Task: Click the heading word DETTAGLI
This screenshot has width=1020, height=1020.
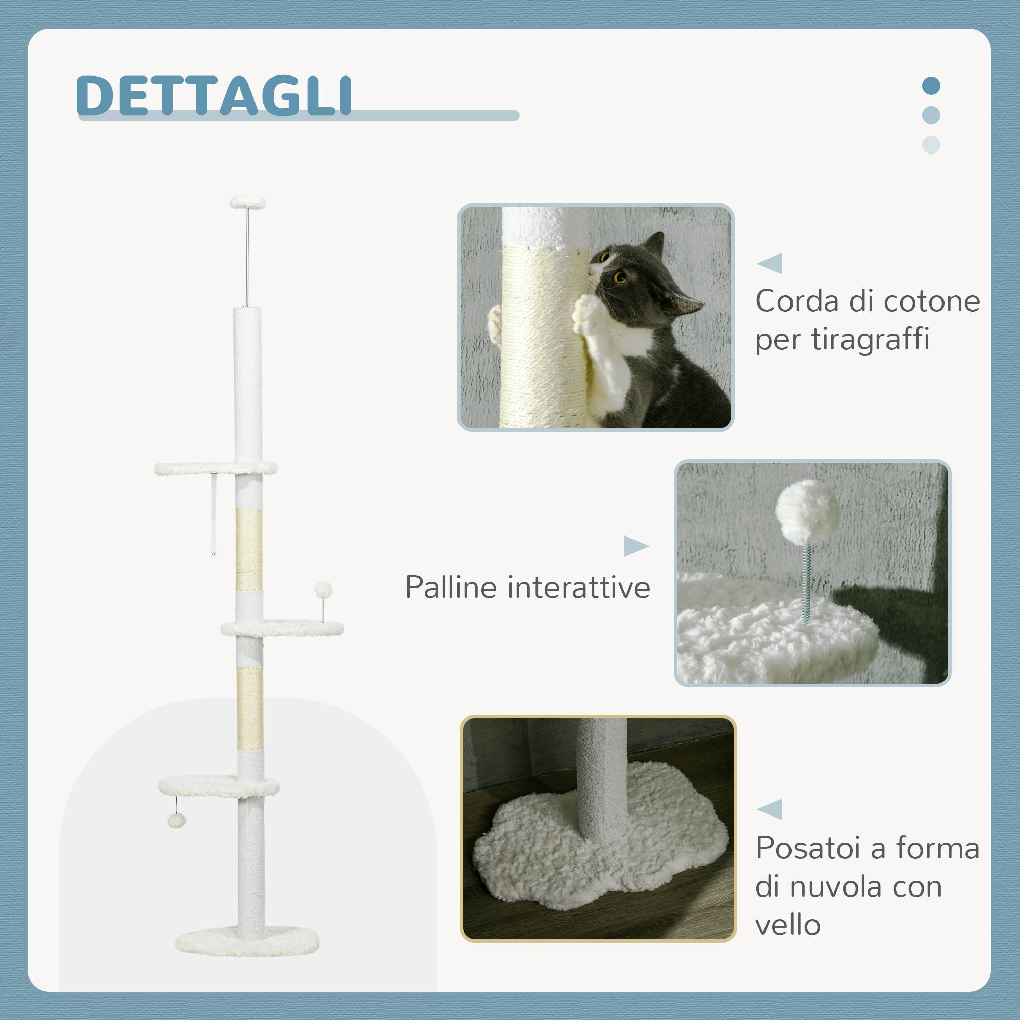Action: (x=214, y=95)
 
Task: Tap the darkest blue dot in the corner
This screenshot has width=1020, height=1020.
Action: (x=931, y=86)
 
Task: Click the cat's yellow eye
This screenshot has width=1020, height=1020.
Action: (x=620, y=276)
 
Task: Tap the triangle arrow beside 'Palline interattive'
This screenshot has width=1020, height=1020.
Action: (x=636, y=546)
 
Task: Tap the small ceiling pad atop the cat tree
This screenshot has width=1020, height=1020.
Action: (x=248, y=202)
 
